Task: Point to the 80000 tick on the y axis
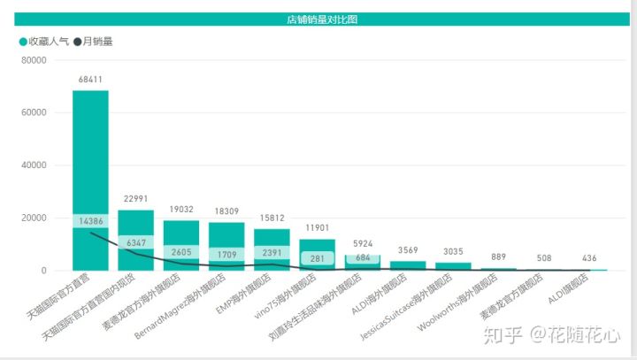click(x=33, y=61)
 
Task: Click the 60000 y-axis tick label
click(x=33, y=113)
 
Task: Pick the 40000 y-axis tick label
click(x=33, y=165)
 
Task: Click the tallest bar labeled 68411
click(x=90, y=150)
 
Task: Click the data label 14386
click(x=90, y=220)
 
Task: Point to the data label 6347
click(x=135, y=241)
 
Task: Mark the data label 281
click(x=318, y=258)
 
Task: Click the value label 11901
click(x=318, y=229)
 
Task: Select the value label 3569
click(x=409, y=250)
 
